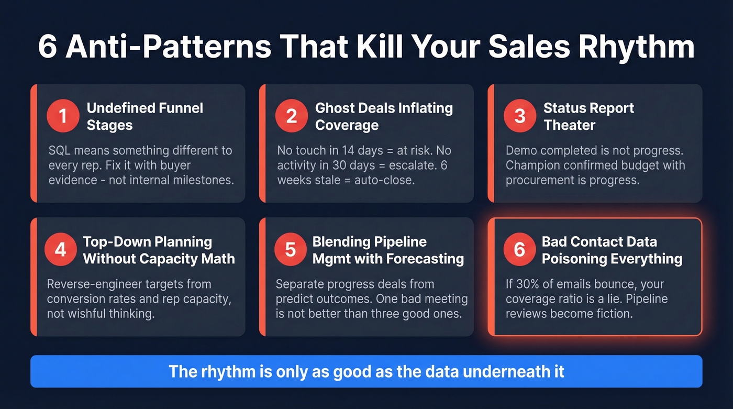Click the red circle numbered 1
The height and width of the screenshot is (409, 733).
62,116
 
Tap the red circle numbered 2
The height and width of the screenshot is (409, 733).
292,116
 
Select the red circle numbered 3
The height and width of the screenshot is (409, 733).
520,116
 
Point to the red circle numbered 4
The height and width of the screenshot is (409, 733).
61,250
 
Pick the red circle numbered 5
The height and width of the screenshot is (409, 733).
291,250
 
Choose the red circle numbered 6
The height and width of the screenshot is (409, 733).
519,250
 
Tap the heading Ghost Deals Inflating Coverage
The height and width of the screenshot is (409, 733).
384,116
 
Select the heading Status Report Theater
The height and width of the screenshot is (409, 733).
588,116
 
